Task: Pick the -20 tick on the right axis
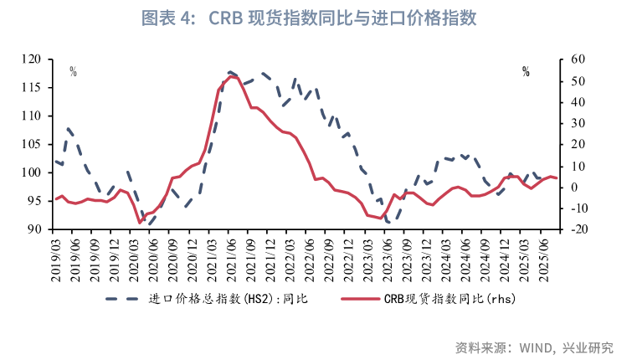click(x=575, y=229)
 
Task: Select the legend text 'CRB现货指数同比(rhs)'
click(x=443, y=299)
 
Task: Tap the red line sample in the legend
click(x=352, y=299)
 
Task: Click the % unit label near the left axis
click(x=73, y=72)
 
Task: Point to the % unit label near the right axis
click(x=526, y=72)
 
